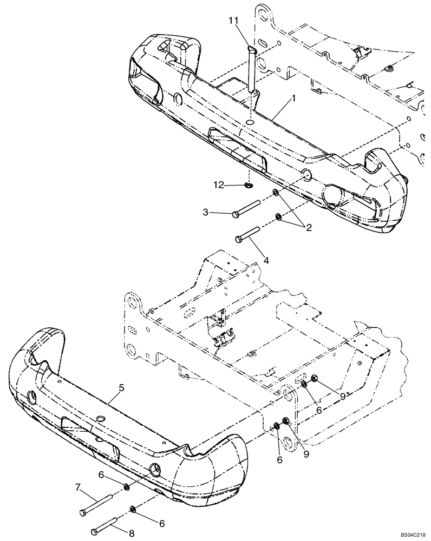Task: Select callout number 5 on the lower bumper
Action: tap(122, 388)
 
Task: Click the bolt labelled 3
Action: tap(251, 209)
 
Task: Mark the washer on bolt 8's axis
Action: tap(133, 509)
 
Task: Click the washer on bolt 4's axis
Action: tap(279, 217)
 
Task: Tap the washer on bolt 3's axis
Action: tap(276, 193)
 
